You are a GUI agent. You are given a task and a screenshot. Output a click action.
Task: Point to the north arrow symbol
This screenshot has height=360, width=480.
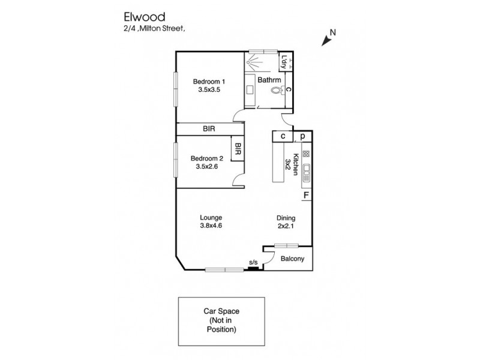pyautogui.click(x=328, y=39)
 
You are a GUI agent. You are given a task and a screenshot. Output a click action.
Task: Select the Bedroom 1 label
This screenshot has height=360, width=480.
pyautogui.click(x=209, y=82)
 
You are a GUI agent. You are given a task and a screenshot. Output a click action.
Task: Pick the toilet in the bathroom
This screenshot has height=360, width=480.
pyautogui.click(x=277, y=91)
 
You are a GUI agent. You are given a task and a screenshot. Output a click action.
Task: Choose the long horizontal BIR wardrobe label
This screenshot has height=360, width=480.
pyautogui.click(x=209, y=129)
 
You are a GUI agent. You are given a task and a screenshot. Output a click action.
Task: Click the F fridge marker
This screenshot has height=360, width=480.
pyautogui.click(x=305, y=195)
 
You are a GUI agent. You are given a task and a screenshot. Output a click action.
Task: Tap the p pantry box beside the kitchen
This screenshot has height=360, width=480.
pyautogui.click(x=303, y=137)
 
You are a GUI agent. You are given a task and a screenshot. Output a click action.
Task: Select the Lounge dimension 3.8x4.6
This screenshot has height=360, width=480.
pyautogui.click(x=211, y=226)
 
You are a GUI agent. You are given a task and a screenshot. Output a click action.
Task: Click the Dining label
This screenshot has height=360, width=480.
pyautogui.click(x=286, y=218)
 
